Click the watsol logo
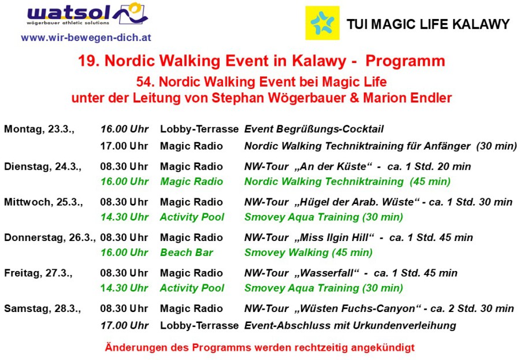[x=88, y=14]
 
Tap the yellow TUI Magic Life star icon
[x=322, y=23]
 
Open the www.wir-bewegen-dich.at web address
[x=86, y=38]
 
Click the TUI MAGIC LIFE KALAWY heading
[x=428, y=24]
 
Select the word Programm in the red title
[x=405, y=61]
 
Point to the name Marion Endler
[x=407, y=98]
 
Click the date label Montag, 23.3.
[x=39, y=129]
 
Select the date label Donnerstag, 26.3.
[x=50, y=237]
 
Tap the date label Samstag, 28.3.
[x=42, y=309]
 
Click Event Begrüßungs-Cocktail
[x=314, y=129]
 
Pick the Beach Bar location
[x=187, y=253]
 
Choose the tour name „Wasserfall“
[x=326, y=273]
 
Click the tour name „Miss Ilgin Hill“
[x=335, y=237]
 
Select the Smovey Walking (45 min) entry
[x=309, y=253]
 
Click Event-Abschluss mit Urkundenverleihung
[x=350, y=325]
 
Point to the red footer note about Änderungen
[x=259, y=347]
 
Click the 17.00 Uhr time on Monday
[x=124, y=146]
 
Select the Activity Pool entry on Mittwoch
[x=192, y=217]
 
